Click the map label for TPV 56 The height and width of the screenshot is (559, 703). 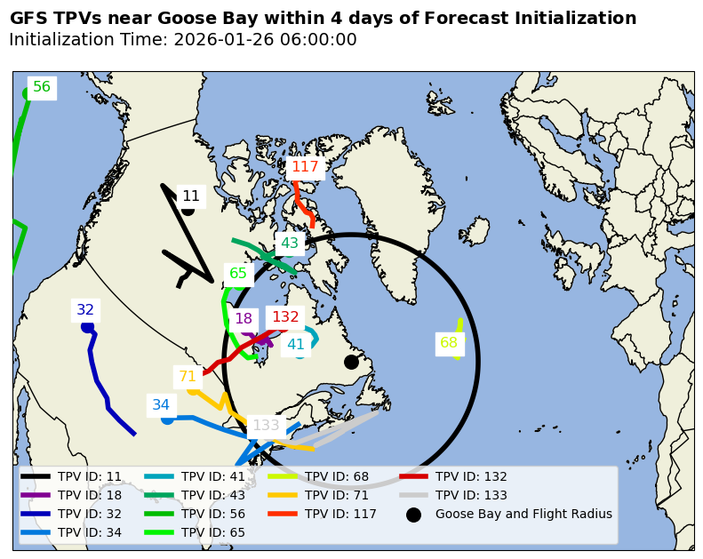[42, 87]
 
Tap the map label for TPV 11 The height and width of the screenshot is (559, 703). [191, 196]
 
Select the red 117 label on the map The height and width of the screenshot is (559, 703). [305, 167]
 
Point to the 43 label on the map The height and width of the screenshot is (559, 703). [290, 244]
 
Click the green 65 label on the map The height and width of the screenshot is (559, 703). [238, 274]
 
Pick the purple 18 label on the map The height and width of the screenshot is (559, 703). [244, 319]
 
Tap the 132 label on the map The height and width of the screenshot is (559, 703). [285, 317]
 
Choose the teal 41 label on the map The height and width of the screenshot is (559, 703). [296, 345]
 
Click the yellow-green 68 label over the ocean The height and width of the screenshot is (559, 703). [449, 343]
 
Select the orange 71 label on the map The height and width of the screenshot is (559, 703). [188, 377]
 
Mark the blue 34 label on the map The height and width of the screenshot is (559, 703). [161, 405]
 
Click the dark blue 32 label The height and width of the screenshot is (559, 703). [85, 310]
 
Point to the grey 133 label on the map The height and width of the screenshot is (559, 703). [266, 426]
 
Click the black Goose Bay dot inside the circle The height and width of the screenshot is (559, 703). [351, 362]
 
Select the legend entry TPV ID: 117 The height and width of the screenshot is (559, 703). [340, 514]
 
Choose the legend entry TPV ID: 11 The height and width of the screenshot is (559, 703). [90, 476]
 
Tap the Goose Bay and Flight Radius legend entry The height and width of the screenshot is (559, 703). [523, 514]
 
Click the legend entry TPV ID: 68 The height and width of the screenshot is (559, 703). [337, 476]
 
